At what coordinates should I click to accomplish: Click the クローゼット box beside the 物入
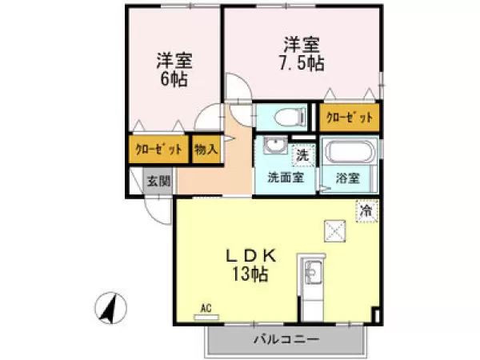[x=158, y=150]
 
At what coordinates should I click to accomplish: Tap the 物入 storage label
[x=206, y=150]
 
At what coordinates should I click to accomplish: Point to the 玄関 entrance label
[x=158, y=181]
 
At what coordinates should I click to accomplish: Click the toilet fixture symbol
[x=285, y=118]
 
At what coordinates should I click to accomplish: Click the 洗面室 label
[x=285, y=178]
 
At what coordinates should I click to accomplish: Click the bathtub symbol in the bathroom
[x=350, y=150]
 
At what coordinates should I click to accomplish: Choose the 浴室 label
[x=349, y=178]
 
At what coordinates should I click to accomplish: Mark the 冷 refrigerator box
[x=366, y=211]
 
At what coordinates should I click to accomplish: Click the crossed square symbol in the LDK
[x=334, y=231]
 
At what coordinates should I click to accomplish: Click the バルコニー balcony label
[x=286, y=339]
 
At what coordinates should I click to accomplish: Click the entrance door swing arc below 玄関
[x=158, y=210]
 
